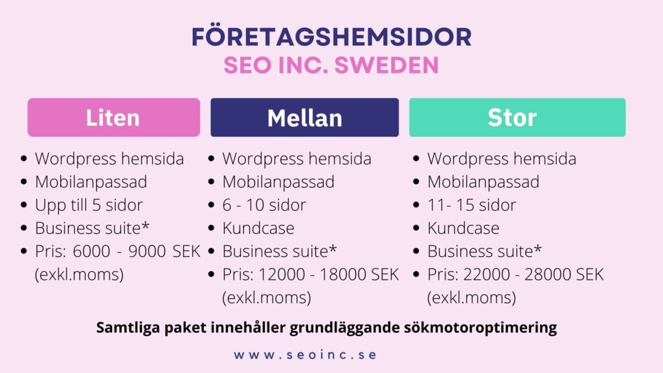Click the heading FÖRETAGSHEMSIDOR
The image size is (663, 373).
(x=331, y=36)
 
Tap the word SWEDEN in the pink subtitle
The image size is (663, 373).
(x=387, y=65)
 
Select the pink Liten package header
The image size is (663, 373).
(x=114, y=118)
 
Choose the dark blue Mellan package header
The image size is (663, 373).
(x=304, y=118)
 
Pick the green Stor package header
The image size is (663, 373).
(x=517, y=118)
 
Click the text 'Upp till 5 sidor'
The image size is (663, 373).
(x=89, y=205)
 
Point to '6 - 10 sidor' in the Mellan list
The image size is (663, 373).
(x=264, y=205)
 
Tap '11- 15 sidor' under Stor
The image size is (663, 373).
(x=471, y=205)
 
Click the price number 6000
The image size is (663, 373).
(x=91, y=251)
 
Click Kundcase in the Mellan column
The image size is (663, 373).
(x=258, y=229)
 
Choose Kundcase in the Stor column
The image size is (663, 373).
(x=463, y=229)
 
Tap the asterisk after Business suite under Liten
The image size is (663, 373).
(x=146, y=225)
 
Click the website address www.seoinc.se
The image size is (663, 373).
(x=305, y=354)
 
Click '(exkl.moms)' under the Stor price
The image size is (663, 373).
(x=471, y=298)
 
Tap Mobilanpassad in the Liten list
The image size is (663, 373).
(x=91, y=182)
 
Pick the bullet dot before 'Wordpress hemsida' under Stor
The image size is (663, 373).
(x=416, y=159)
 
